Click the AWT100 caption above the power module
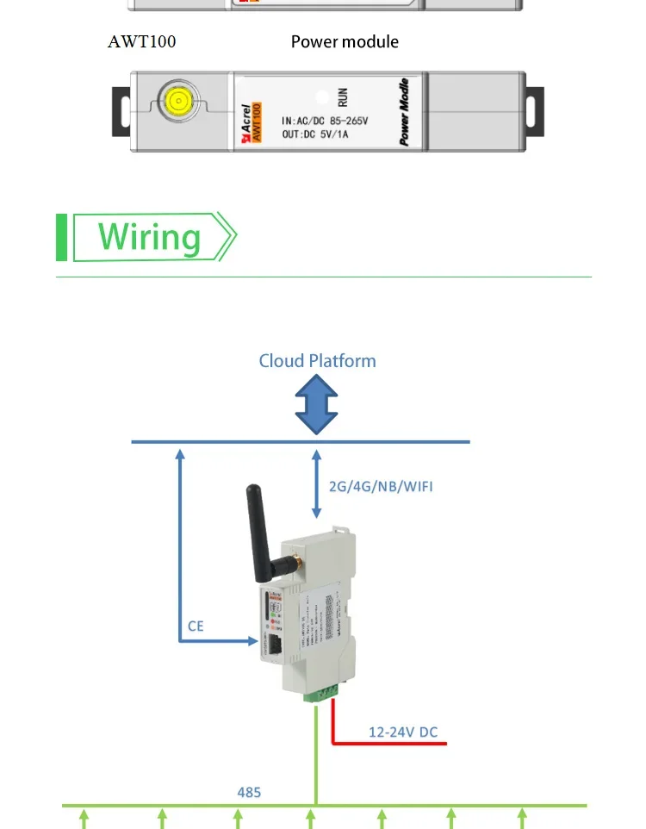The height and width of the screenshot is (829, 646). click(x=141, y=41)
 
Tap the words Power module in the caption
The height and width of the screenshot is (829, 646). click(x=345, y=41)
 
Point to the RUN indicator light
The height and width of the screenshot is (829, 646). click(x=321, y=98)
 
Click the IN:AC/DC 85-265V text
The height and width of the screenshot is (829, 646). click(x=326, y=122)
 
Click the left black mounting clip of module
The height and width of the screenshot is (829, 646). click(x=121, y=113)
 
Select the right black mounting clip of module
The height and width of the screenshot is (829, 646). click(x=536, y=112)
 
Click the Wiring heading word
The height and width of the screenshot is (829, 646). click(x=149, y=237)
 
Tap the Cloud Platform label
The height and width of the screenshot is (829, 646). click(x=317, y=360)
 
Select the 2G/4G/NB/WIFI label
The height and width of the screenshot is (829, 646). click(x=381, y=487)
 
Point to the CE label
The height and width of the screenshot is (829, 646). click(x=196, y=626)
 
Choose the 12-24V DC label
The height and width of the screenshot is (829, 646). click(x=403, y=732)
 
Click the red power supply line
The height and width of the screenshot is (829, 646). click(x=388, y=743)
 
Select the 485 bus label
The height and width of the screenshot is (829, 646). click(x=249, y=792)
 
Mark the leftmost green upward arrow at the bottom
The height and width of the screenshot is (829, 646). click(x=84, y=817)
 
